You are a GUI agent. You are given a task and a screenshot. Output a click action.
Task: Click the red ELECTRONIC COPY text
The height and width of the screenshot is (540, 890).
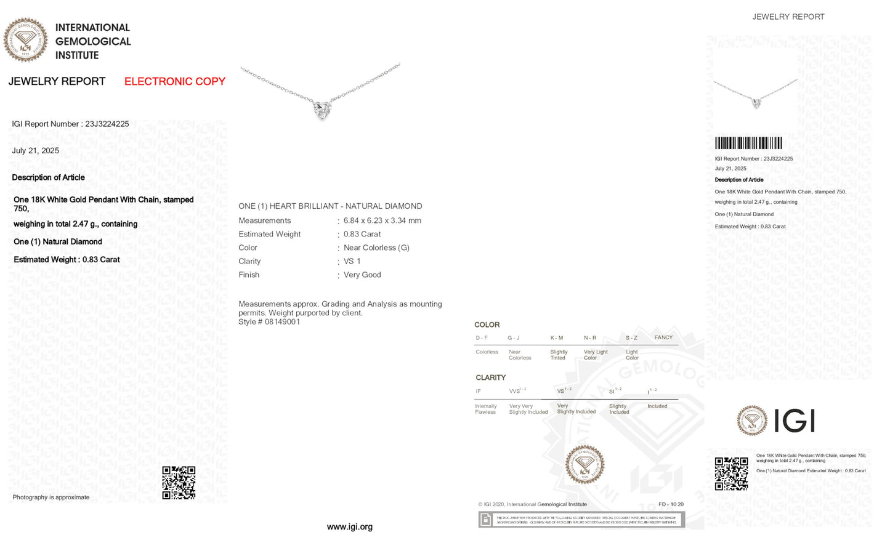pos(174,81)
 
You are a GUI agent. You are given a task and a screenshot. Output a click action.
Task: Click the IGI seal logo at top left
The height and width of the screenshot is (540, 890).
pos(25,40)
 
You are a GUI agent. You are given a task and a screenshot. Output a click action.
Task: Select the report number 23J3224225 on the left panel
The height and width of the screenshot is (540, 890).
pos(107,124)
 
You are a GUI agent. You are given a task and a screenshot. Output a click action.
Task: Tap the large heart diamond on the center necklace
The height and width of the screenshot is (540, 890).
pos(322,110)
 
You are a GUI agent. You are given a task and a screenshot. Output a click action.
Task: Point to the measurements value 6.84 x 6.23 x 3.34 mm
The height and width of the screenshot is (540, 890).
pos(382,220)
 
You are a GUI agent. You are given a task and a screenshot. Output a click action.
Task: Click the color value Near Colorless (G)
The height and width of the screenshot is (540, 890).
pos(376,248)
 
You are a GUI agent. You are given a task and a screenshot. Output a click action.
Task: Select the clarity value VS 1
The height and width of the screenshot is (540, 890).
pos(352,261)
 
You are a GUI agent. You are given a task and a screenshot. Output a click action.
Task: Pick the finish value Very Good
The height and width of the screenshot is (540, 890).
pos(362,275)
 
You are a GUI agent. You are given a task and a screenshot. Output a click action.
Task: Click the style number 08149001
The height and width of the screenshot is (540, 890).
pos(282,321)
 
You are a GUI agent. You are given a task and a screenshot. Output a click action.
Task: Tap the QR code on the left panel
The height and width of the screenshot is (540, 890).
pos(179,482)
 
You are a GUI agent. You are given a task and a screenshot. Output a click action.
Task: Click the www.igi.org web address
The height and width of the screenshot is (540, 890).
pos(349,526)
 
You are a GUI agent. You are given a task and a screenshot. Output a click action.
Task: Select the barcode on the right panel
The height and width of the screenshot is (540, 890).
pos(748,143)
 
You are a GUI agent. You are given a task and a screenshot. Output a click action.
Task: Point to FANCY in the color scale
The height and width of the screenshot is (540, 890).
pos(663,337)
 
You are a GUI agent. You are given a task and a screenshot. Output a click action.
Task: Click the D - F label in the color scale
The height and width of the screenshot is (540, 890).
pos(482,338)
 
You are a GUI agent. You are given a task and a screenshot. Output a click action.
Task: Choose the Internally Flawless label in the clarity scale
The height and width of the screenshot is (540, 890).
pos(485,409)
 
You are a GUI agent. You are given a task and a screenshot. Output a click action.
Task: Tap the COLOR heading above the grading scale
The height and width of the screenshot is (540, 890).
pos(487,324)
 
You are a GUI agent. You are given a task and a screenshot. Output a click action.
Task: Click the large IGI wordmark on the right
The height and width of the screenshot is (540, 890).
pos(794,421)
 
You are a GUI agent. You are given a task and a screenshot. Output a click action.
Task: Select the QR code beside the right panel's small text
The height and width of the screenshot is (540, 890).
pos(731,474)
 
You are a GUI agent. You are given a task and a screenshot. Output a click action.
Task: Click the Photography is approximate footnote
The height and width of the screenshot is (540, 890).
pos(51,497)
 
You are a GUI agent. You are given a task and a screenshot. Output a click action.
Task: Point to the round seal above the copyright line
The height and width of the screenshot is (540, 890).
pos(585,464)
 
